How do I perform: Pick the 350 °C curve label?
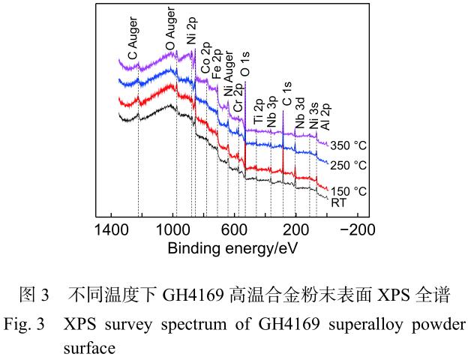click(x=349, y=145)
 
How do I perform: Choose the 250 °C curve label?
click(x=349, y=165)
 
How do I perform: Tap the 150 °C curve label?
click(x=349, y=191)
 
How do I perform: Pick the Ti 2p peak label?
click(x=259, y=110)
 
